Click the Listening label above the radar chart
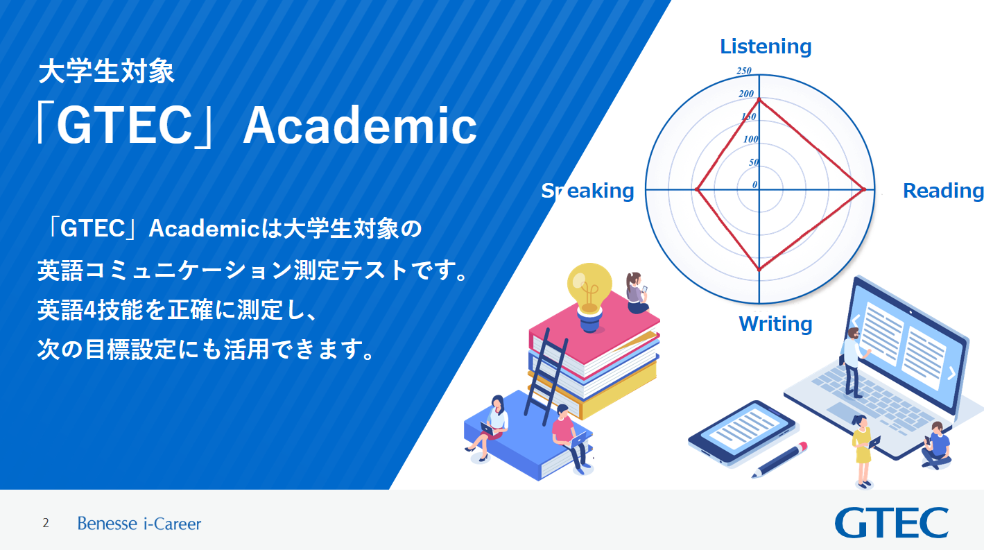coord(766,47)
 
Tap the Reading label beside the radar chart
coord(943,191)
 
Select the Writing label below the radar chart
coord(775,324)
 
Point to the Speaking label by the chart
coord(587,191)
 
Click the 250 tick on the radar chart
coord(743,71)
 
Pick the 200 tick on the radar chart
coord(746,94)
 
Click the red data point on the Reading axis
coord(863,189)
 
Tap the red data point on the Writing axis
coord(759,269)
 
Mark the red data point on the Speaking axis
coord(697,189)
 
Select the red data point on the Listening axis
coord(759,101)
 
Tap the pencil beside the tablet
coord(779,460)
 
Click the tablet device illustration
coord(742,432)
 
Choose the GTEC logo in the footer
coord(891,523)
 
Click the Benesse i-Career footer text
coord(139,524)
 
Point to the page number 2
coord(46,523)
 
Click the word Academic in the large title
coord(360,126)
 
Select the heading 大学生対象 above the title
coord(107,71)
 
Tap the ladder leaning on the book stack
coord(546,377)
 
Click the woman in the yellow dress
coord(863,451)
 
